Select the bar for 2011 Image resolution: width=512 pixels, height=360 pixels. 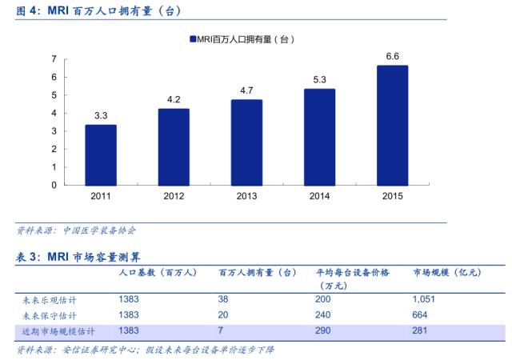pyautogui.click(x=101, y=154)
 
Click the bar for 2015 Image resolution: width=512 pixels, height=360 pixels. pyautogui.click(x=393, y=125)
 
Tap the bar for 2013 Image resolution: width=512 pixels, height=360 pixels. pyautogui.click(x=246, y=142)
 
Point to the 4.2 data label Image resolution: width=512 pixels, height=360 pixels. pyautogui.click(x=174, y=99)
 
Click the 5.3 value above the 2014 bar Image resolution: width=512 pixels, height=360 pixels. pyautogui.click(x=320, y=79)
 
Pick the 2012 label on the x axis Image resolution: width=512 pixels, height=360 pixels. pyautogui.click(x=174, y=196)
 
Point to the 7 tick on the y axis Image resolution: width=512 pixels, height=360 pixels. pyautogui.click(x=54, y=59)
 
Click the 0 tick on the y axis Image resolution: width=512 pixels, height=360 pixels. pyautogui.click(x=54, y=185)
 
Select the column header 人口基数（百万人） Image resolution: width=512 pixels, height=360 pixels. pyautogui.click(x=158, y=273)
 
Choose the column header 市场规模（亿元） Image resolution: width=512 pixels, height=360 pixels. pyautogui.click(x=446, y=273)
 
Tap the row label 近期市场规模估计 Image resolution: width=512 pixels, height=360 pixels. pyautogui.click(x=58, y=330)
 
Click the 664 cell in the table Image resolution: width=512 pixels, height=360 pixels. pyautogui.click(x=421, y=314)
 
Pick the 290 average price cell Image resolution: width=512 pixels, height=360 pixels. pyautogui.click(x=324, y=330)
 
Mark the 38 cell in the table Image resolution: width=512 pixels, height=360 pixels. pyautogui.click(x=225, y=299)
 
